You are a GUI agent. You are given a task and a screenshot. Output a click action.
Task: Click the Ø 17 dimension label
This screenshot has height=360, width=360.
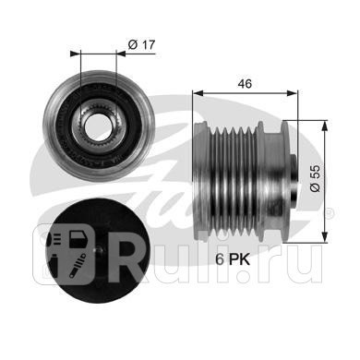coord(142,45)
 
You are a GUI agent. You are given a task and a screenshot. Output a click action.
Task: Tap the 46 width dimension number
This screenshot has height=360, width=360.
coord(245,84)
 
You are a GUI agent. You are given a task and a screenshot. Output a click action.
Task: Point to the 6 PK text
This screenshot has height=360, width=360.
coord(233,259)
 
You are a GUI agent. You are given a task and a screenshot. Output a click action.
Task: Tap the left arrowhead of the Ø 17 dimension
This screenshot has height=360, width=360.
coord(75,54)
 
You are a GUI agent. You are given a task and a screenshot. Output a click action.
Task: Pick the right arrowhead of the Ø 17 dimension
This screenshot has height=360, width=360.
coord(121,54)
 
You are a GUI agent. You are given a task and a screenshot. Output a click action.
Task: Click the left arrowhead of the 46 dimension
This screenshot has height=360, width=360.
coord(198,93)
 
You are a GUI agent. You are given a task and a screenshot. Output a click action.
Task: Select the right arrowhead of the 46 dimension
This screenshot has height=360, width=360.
coord(293,93)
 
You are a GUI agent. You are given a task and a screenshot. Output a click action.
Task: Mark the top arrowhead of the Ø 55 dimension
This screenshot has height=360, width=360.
coord(325,126)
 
